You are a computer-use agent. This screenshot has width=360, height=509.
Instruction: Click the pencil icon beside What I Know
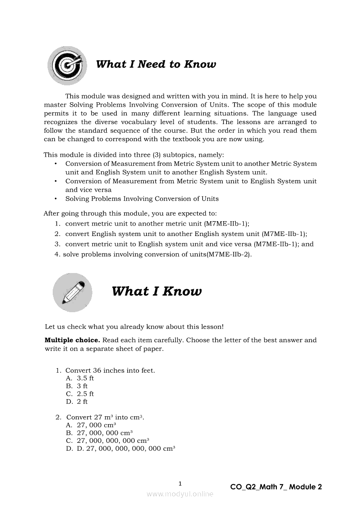(x=72, y=292)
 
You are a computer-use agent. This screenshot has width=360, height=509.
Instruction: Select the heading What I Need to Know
(x=156, y=64)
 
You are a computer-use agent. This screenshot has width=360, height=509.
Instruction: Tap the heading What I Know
(x=156, y=291)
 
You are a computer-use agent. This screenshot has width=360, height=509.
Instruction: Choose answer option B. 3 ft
(x=77, y=386)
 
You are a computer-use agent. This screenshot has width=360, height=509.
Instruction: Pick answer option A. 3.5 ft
(x=80, y=378)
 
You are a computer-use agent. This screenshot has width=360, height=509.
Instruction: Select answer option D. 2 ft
(x=77, y=402)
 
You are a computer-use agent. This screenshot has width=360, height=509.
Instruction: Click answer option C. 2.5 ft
(x=80, y=394)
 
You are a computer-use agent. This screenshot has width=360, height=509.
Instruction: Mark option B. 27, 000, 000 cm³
(x=99, y=433)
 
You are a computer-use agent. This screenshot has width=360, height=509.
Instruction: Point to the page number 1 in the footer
(x=180, y=483)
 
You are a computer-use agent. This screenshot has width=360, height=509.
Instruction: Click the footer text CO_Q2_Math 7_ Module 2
(x=276, y=487)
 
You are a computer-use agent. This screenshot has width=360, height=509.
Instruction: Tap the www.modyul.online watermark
(x=180, y=494)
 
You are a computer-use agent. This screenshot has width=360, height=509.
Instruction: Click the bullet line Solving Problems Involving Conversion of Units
(x=142, y=199)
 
